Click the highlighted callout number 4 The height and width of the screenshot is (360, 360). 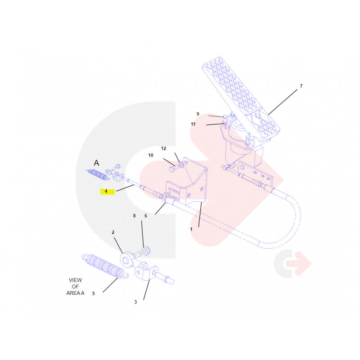click(x=106, y=191)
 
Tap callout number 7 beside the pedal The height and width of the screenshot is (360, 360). click(x=301, y=86)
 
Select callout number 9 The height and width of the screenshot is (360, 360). click(x=198, y=114)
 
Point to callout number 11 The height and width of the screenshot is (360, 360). click(x=193, y=124)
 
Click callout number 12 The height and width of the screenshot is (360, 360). click(x=163, y=148)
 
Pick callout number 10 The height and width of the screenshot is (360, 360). click(x=151, y=155)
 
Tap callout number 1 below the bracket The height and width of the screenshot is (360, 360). click(x=191, y=229)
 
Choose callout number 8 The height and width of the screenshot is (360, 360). click(x=134, y=216)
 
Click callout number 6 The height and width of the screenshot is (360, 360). click(x=145, y=216)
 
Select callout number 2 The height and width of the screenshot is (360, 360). click(x=113, y=232)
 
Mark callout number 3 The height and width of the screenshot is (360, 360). click(x=135, y=302)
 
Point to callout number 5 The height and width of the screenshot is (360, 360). click(x=94, y=293)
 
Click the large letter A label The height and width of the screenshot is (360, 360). click(x=96, y=163)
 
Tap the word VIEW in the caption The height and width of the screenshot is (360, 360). click(x=75, y=280)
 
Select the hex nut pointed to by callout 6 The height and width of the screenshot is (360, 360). click(x=146, y=251)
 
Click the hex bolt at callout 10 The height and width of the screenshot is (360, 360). click(x=172, y=170)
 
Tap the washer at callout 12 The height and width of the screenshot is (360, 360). click(x=181, y=165)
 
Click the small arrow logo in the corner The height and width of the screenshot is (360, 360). click(x=293, y=263)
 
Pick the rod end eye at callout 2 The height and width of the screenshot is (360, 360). click(x=126, y=260)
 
